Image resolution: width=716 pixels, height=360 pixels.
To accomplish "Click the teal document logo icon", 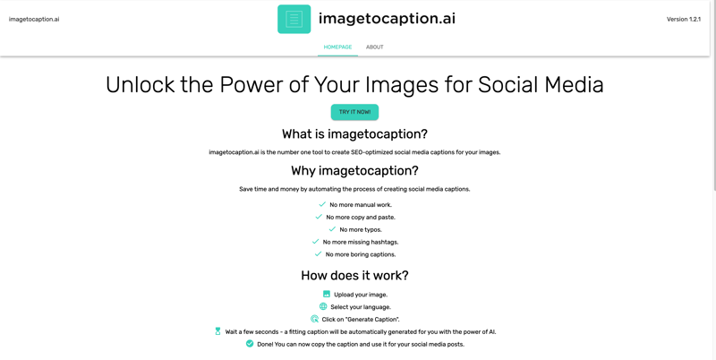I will click(x=294, y=19).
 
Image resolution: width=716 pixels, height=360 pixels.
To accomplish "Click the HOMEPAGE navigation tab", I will click(x=337, y=47).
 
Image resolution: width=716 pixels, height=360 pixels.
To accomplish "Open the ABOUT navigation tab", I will click(x=374, y=47).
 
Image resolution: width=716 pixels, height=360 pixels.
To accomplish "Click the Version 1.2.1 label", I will click(x=683, y=19).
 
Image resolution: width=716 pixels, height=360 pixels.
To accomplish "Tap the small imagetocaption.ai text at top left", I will click(x=34, y=19).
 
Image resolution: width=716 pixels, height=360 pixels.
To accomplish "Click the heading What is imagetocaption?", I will click(x=354, y=134).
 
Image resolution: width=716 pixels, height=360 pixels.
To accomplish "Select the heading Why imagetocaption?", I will click(x=354, y=171).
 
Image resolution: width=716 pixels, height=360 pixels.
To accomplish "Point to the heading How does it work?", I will click(x=354, y=276).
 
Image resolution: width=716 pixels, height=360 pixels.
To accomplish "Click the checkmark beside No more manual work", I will click(x=322, y=204).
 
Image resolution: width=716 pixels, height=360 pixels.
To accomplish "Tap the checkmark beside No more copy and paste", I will click(x=319, y=217).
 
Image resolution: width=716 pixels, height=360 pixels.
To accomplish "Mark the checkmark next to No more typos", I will click(x=332, y=229).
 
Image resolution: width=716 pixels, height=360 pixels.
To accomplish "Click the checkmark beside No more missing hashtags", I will click(x=315, y=242).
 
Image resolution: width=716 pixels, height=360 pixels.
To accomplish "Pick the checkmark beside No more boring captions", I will click(x=318, y=254).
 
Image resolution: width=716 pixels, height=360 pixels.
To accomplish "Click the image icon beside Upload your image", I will click(x=327, y=294).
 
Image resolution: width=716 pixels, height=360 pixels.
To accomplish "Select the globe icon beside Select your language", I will click(x=323, y=306).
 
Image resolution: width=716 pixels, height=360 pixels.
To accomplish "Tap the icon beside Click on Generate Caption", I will click(x=314, y=319).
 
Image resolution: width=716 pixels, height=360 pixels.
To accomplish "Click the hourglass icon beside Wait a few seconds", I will click(x=217, y=331).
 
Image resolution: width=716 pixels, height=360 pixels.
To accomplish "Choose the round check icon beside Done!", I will click(x=250, y=344).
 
